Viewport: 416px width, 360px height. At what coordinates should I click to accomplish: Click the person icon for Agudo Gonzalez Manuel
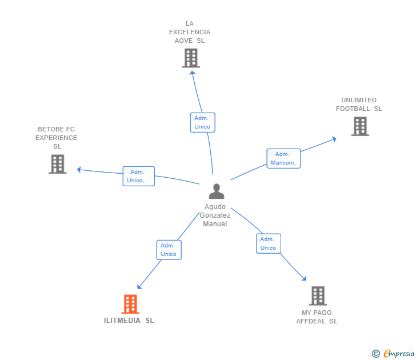216,191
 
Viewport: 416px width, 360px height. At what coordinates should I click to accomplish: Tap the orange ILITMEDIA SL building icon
130,304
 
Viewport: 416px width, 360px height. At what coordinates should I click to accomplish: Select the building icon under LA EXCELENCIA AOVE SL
190,58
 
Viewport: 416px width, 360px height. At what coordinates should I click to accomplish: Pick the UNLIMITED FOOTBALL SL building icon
360,126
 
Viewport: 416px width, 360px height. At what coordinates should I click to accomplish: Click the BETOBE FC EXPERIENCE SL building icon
57,164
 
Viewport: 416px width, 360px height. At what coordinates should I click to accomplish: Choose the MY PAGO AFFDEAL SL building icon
318,295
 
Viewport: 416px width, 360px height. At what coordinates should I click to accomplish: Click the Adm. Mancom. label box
283,158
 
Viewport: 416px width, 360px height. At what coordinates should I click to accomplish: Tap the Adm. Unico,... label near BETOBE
138,176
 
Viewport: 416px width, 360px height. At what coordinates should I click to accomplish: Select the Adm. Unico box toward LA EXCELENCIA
202,122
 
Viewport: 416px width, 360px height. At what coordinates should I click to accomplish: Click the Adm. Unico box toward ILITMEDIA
169,250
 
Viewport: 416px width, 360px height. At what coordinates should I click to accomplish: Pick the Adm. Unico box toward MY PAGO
268,243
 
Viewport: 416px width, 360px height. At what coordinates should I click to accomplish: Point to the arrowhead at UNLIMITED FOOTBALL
334,138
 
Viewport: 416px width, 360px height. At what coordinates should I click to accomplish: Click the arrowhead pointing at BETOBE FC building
79,169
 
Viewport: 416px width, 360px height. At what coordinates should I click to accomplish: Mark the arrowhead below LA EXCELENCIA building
192,73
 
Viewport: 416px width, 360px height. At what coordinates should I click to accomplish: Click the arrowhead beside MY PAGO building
304,279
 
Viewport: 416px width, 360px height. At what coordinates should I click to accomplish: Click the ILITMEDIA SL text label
129,321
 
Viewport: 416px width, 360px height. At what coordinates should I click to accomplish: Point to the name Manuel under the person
215,224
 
